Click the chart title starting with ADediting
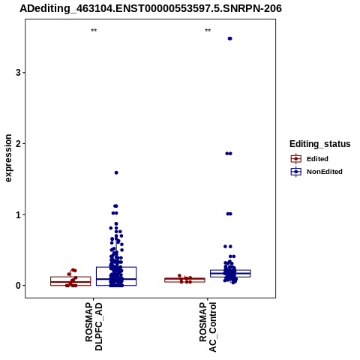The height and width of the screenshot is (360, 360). point(151,8)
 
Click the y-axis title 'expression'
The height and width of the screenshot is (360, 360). point(8,158)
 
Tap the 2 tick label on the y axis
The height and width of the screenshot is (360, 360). point(18,144)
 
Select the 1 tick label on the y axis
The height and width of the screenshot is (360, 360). point(18,214)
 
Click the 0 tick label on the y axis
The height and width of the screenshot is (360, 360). point(18,286)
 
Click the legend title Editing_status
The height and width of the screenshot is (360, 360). point(320,144)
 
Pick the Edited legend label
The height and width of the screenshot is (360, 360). point(317,159)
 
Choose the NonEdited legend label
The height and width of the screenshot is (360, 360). point(325,172)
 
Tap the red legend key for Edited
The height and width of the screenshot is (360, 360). point(296,159)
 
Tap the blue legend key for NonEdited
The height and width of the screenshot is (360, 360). point(296,172)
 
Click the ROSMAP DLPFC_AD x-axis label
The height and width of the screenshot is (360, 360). point(94,326)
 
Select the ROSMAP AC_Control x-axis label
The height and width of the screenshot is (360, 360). point(208,327)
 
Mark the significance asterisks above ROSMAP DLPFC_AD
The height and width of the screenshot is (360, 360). point(94,31)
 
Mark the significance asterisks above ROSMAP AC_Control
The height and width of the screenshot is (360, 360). point(208,31)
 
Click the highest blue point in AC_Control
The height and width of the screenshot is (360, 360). point(229,38)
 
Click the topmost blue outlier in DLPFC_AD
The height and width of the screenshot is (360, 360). point(116,172)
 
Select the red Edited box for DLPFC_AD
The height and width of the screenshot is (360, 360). point(70,281)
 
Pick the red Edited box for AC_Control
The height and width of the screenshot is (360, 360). point(184,280)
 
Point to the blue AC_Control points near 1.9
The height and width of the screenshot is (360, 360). point(229,154)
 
